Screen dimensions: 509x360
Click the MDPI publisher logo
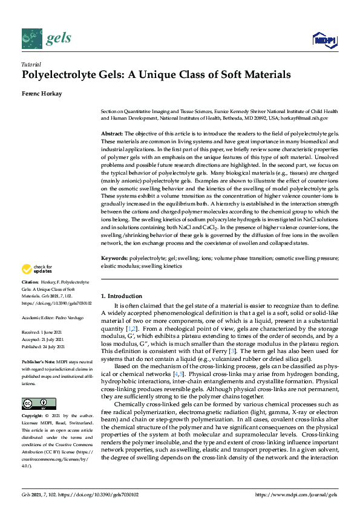pos(324,40)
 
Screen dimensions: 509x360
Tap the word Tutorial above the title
pos(31,64)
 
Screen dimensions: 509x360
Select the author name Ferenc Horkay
pos(42,94)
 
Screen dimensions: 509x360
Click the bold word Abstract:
pos(111,132)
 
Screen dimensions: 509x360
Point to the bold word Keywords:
pos(114,258)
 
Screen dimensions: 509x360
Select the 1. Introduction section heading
pos(121,296)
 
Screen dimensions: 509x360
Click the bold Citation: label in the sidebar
pos(30,282)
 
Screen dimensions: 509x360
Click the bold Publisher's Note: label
pos(38,361)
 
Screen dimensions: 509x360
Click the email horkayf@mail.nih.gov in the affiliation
pos(309,118)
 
